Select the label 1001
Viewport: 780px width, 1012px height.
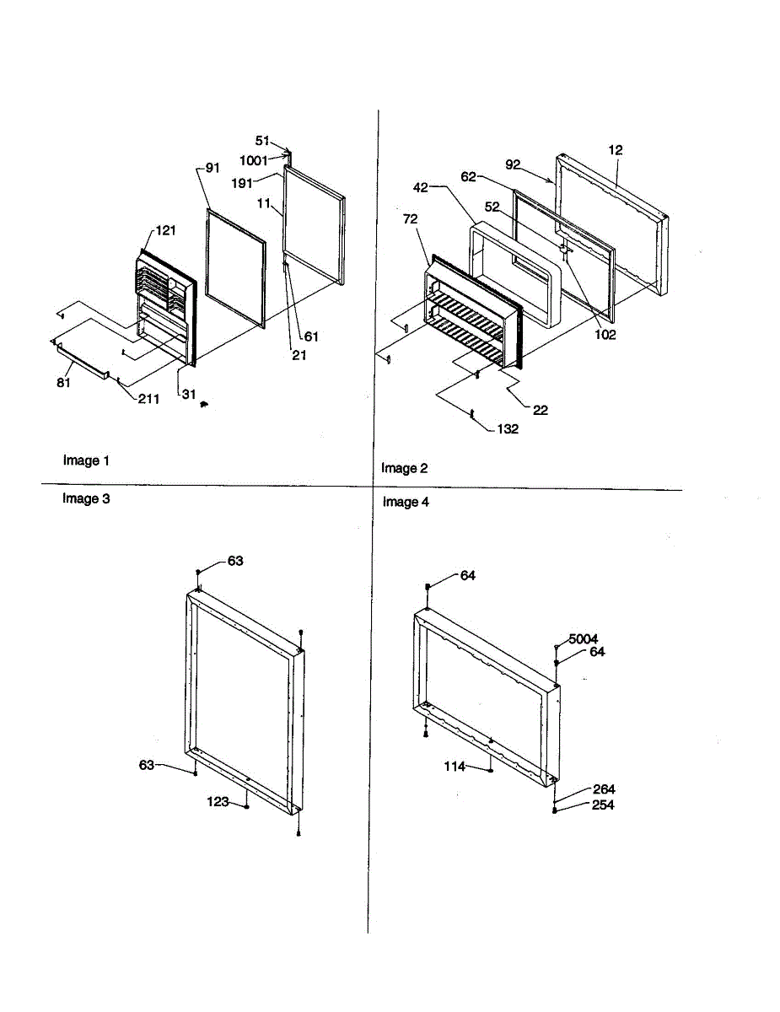(x=254, y=160)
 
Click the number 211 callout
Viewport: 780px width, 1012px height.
(x=150, y=399)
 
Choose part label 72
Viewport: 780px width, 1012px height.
(x=410, y=219)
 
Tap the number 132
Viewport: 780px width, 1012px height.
(x=507, y=429)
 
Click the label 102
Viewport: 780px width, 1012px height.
(x=605, y=335)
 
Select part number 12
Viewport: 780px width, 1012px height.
(x=616, y=151)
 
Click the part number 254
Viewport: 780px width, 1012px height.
(x=603, y=805)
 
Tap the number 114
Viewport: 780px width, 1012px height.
(x=455, y=767)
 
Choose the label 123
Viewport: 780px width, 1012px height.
(x=218, y=802)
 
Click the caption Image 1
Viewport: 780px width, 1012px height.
(x=86, y=460)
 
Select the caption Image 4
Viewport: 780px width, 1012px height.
(x=406, y=503)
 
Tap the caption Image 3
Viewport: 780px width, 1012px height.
(x=86, y=498)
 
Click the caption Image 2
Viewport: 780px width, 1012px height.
(x=405, y=468)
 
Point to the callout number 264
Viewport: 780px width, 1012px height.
(x=603, y=789)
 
